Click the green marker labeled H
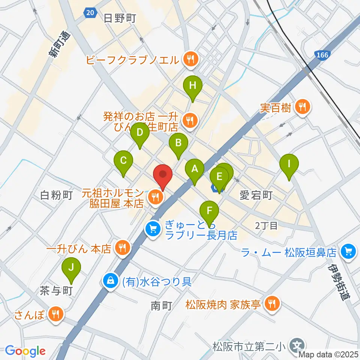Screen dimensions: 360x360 click(192, 86)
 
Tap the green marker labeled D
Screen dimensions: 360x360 click(139, 133)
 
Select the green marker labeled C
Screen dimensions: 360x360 click(123, 161)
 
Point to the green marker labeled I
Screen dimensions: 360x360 click(289, 165)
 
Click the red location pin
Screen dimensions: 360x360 click(163, 175)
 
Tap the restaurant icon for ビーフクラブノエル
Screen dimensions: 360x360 click(190, 58)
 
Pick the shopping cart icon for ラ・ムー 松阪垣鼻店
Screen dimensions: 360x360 click(348, 250)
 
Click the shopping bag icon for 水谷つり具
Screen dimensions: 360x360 click(111, 281)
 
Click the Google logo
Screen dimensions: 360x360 click(25, 351)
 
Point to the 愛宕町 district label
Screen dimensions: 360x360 click(256, 195)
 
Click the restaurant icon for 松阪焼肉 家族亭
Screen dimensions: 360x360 click(271, 304)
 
